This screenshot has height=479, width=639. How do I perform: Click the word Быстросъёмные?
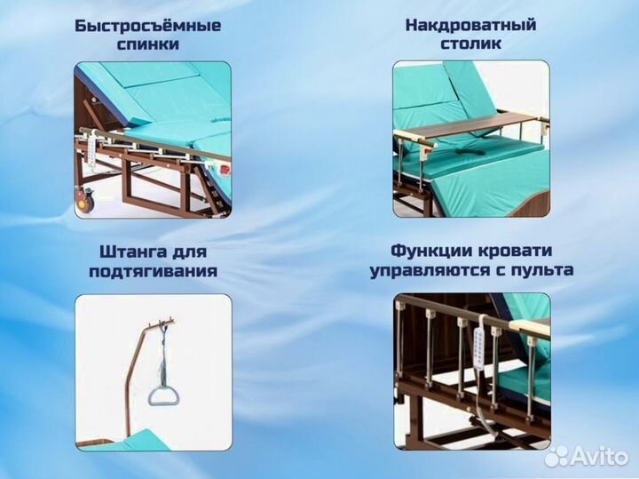click(147, 25)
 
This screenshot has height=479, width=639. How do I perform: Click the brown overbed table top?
click(471, 128)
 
